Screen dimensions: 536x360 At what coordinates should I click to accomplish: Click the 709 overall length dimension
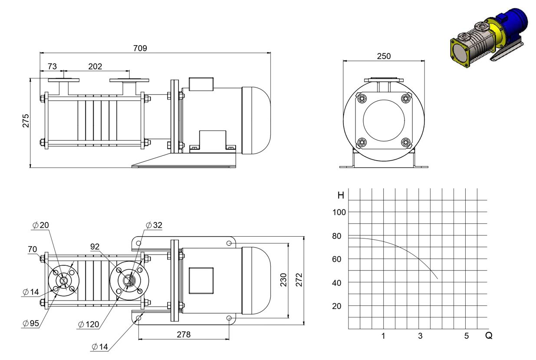[x=140, y=48]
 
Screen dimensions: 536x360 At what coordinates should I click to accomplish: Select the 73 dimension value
[x=52, y=66]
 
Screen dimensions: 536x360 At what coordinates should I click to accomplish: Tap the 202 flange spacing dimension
[x=95, y=66]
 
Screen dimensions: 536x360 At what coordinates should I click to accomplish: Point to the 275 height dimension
[x=26, y=121]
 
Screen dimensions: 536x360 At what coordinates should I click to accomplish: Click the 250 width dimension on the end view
[x=384, y=56]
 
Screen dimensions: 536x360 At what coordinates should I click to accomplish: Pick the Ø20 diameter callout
[x=41, y=225]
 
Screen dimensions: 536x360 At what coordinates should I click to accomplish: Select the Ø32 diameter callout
[x=154, y=225]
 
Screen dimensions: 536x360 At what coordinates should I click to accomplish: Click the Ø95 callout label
[x=31, y=324]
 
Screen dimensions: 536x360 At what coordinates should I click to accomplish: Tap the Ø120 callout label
[x=89, y=324]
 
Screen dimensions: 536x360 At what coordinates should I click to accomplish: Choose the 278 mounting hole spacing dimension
[x=184, y=334]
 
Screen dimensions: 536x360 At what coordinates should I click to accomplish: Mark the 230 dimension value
[x=283, y=280]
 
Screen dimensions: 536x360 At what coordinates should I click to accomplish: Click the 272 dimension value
[x=299, y=280]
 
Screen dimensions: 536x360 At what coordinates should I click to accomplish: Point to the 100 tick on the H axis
[x=339, y=212]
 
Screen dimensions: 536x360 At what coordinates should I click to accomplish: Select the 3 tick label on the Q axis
[x=420, y=336]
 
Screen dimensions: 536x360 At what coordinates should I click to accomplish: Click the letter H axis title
[x=341, y=195]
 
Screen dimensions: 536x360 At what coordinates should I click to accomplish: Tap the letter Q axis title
[x=489, y=335]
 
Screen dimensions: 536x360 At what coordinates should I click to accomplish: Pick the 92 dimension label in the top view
[x=95, y=247]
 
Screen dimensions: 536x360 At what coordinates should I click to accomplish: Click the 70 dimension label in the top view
[x=32, y=249]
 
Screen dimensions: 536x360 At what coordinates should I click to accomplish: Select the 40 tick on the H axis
[x=336, y=283]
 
